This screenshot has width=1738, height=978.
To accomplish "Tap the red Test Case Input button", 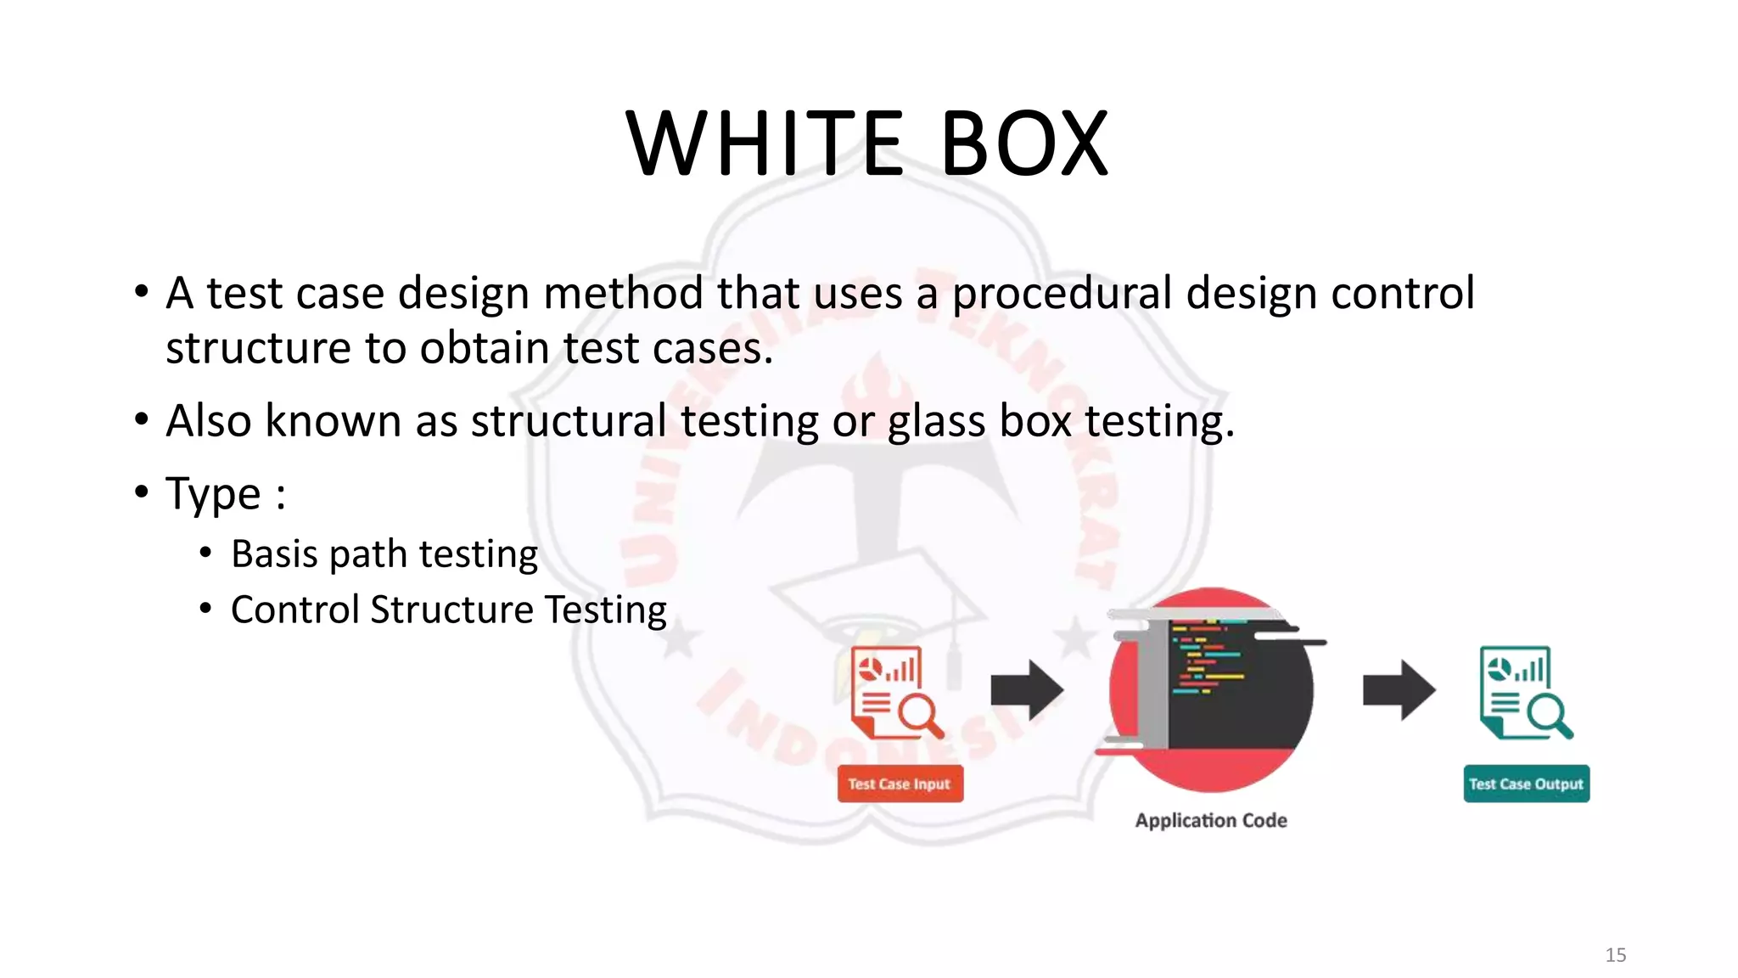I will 900,784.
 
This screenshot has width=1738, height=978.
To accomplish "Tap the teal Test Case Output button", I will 1526,784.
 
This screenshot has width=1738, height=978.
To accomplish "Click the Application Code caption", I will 1211,820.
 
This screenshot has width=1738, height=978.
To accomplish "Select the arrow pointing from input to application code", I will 1027,689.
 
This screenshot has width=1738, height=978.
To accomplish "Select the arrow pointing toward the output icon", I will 1399,689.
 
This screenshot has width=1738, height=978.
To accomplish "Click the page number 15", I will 1615,955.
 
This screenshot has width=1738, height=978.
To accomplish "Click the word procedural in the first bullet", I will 1062,294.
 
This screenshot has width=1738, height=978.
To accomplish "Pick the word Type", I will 213,494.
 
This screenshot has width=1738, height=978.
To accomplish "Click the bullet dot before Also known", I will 142,419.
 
